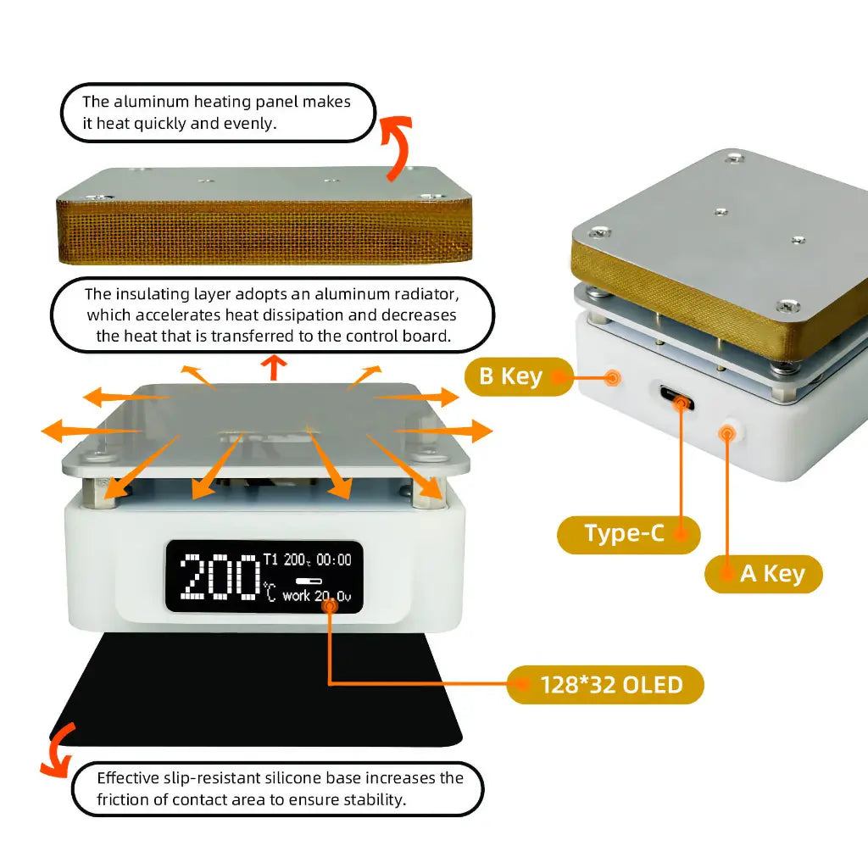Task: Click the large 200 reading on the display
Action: [x=220, y=576]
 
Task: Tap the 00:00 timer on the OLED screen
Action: [x=333, y=559]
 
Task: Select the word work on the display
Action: [x=296, y=596]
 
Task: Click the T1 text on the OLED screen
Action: [x=270, y=559]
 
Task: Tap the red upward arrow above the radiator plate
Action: [x=273, y=367]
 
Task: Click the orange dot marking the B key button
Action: [x=612, y=376]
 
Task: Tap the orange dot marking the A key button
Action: [x=726, y=434]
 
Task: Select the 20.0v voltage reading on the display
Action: [x=332, y=596]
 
